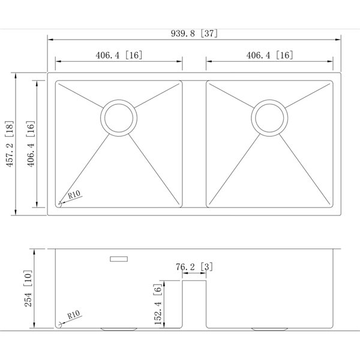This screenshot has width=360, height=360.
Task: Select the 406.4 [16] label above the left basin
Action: pyautogui.click(x=118, y=55)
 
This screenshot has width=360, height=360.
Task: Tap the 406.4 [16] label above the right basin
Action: pyautogui.click(x=269, y=55)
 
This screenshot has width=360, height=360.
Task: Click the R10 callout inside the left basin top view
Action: pyautogui.click(x=74, y=194)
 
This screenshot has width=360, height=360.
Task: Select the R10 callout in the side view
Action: pyautogui.click(x=74, y=314)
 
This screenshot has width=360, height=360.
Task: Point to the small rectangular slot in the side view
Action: pyautogui.click(x=119, y=259)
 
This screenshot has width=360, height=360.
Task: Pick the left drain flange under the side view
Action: pyautogui.click(x=119, y=329)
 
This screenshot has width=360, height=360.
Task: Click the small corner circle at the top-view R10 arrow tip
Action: pyautogui.click(x=60, y=204)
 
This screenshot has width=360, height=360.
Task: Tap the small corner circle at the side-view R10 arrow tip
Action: pyautogui.click(x=60, y=324)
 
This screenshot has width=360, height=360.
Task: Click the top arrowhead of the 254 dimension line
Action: pyautogui.click(x=36, y=250)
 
